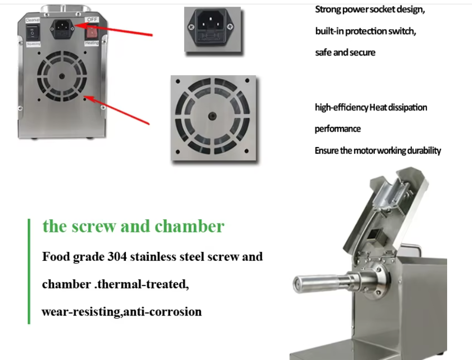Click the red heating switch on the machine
pos(91,32)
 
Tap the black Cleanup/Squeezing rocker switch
pos(32,32)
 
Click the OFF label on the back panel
pos(91,20)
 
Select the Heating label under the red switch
pos(91,43)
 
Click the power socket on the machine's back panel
pos(62,30)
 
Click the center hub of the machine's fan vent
pos(62,76)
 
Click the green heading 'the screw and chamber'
pos(133,226)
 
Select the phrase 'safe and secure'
pos(345,53)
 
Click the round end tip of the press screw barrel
pos(296,284)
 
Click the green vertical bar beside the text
pos(29,271)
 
